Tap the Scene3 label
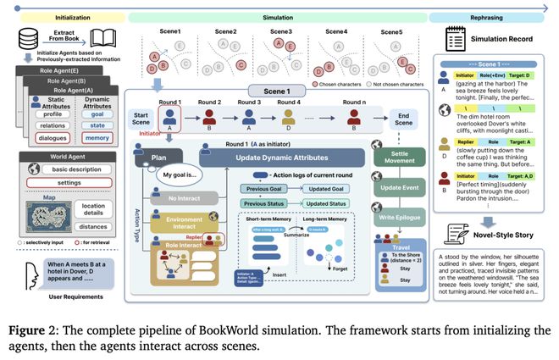[x=280, y=32]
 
